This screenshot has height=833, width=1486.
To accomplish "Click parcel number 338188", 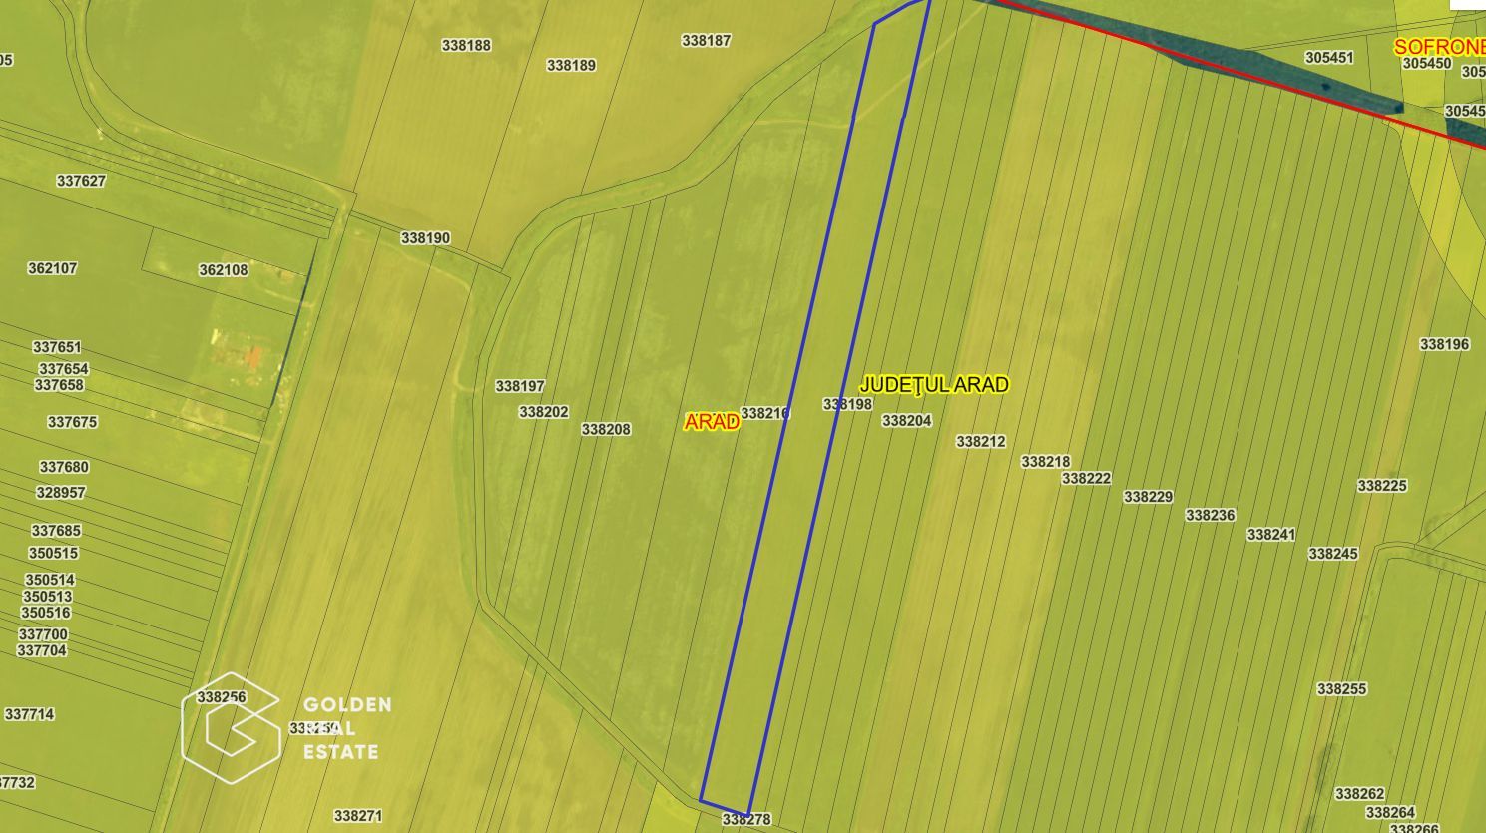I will click(x=466, y=45).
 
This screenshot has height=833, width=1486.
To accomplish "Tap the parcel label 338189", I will click(x=571, y=65).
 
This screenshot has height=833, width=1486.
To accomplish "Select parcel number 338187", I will click(x=706, y=41).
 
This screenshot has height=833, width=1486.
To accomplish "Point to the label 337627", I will click(x=81, y=181).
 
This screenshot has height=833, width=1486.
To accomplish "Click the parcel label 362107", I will click(x=52, y=268).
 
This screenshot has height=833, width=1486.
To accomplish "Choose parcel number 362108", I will click(x=223, y=269).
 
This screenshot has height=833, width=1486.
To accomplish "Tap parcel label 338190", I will click(x=425, y=238).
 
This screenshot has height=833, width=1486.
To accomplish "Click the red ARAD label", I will click(x=712, y=421).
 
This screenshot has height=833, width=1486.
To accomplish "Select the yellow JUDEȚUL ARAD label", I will click(x=934, y=384).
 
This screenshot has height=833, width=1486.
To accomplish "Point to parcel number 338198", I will click(x=847, y=404).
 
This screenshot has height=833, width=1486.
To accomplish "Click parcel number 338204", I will click(x=906, y=421).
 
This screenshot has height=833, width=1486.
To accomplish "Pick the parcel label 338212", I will click(x=980, y=441).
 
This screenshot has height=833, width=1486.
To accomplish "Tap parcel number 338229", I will click(x=1148, y=496).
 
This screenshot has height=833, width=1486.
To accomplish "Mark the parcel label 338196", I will click(x=1444, y=344).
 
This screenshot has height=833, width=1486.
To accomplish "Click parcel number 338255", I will click(x=1341, y=688).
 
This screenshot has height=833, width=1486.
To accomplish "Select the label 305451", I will click(x=1329, y=58).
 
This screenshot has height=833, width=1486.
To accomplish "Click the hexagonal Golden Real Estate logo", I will click(x=231, y=728).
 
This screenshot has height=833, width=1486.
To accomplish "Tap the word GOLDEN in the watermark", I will click(x=347, y=705).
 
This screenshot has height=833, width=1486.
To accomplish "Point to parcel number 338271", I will click(x=357, y=815).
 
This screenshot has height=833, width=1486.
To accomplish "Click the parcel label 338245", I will click(x=1332, y=553).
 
